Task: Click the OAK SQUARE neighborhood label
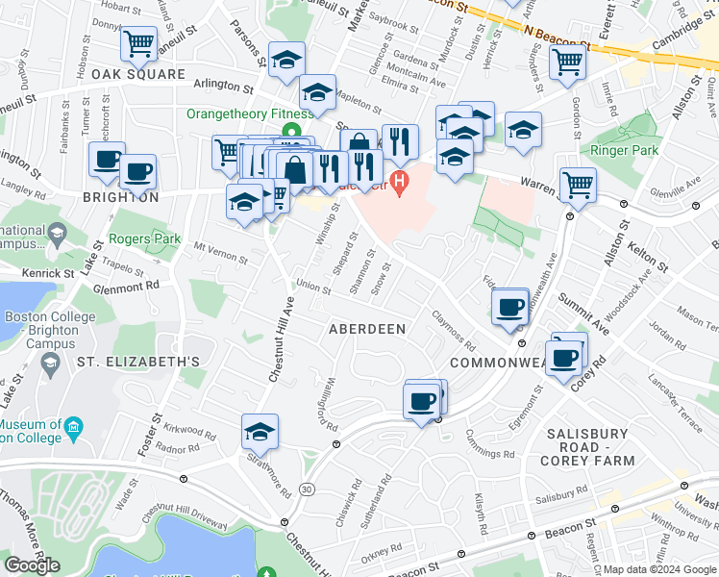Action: tap(140, 74)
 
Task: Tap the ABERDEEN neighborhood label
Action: tap(368, 329)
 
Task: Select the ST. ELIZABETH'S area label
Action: tap(138, 362)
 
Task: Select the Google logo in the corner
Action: tap(32, 564)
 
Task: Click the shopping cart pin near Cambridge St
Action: tap(567, 63)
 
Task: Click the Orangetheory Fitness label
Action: tap(249, 113)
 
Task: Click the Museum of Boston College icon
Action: tap(74, 426)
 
